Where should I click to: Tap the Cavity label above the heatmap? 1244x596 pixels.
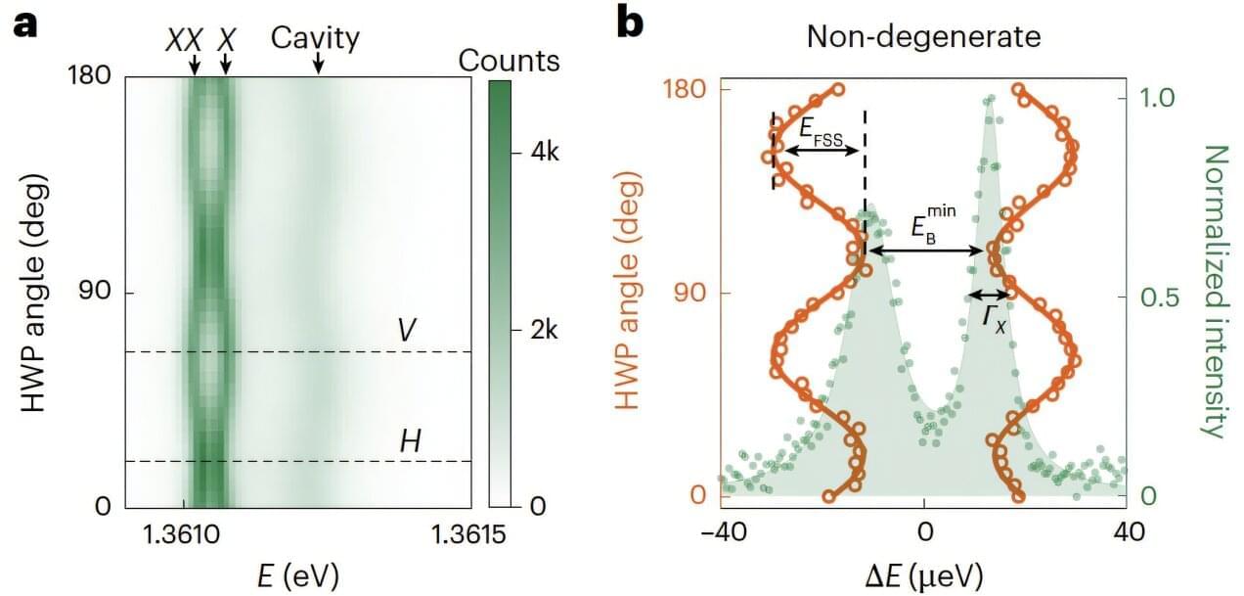[x=315, y=39]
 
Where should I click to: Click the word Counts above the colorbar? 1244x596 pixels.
[x=509, y=61]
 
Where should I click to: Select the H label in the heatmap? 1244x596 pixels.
[x=411, y=440]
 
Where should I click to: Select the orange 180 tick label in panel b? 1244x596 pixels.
[x=686, y=89]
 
